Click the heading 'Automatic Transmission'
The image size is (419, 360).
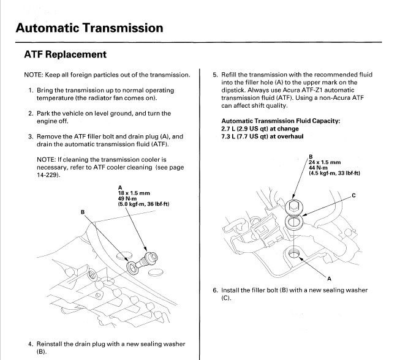[x=89, y=28]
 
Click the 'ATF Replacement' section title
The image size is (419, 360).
[x=65, y=54]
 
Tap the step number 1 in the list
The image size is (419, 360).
[x=31, y=91]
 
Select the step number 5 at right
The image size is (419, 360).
[x=215, y=75]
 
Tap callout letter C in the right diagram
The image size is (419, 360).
[x=353, y=195]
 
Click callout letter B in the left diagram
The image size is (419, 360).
[x=83, y=212]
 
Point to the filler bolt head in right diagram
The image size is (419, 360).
[x=293, y=206]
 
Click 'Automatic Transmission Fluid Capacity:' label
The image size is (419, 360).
[x=277, y=121]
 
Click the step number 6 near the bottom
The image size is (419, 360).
[x=215, y=290]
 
